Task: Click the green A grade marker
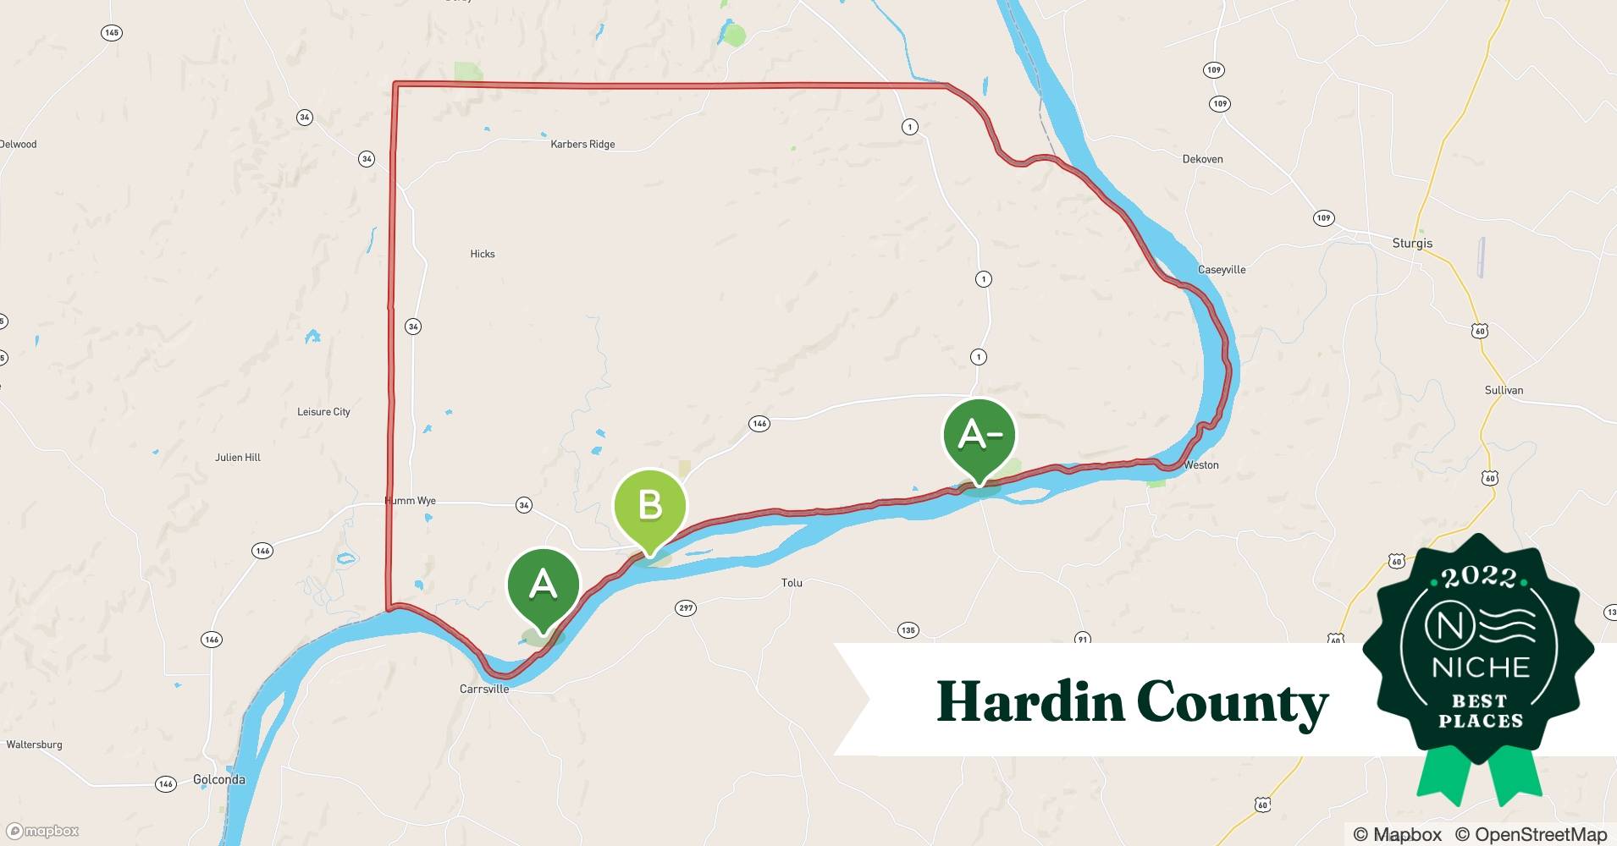[543, 585]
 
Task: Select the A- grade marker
[979, 435]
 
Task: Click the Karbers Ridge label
[582, 145]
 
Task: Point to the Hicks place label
[483, 254]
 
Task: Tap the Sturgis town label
[1412, 244]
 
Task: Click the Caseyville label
[1222, 270]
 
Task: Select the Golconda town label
[219, 780]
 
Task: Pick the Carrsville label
[484, 689]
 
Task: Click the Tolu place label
[792, 583]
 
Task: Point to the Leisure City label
[323, 412]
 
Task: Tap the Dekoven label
[1202, 159]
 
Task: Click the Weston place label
[1201, 465]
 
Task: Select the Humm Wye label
[411, 501]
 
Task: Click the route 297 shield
[686, 608]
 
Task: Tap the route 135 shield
[908, 630]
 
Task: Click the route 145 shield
[111, 33]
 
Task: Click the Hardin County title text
[1132, 702]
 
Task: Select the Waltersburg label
[35, 745]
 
